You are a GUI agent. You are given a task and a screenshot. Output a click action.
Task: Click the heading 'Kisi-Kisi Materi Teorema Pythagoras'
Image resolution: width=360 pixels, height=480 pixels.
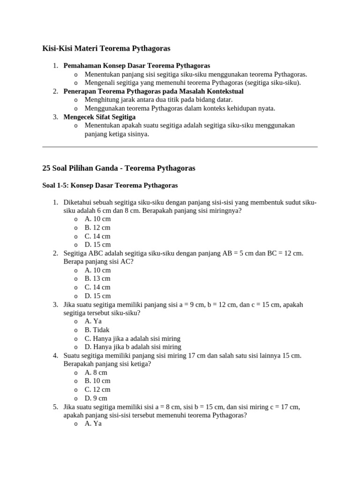106,48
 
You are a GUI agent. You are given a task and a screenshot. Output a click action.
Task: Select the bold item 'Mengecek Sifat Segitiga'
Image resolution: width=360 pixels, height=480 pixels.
99,117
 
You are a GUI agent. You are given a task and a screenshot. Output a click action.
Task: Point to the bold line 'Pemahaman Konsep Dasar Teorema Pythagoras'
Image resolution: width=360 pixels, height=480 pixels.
136,66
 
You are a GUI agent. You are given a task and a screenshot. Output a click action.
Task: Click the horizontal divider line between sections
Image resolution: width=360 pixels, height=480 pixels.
180,147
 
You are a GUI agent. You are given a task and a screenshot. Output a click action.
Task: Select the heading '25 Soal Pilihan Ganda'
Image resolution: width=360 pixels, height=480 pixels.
119,168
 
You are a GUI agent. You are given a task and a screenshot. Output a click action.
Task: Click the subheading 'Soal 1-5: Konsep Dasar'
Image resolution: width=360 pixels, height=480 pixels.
110,186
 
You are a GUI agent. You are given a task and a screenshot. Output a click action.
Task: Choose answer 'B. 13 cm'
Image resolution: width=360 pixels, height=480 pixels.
97,278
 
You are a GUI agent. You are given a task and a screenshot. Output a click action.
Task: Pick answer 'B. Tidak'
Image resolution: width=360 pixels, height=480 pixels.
97,330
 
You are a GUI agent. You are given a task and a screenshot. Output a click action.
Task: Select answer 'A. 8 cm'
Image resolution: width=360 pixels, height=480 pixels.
96,372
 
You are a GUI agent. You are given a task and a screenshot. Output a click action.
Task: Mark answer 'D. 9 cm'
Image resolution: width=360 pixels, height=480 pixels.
96,398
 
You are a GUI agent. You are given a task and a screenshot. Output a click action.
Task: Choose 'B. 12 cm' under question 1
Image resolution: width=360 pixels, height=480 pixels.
97,227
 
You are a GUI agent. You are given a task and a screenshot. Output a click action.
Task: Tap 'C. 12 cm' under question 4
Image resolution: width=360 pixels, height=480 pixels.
97,390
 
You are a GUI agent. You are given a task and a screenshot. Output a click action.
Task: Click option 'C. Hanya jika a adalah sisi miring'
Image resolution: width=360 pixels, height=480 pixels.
132,338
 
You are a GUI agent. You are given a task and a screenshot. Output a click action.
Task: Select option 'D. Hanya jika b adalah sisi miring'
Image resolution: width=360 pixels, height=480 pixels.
133,347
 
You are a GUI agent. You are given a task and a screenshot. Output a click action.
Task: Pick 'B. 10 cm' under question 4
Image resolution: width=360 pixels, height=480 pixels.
97,381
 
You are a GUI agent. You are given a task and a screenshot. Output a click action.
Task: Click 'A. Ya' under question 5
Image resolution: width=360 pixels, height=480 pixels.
93,423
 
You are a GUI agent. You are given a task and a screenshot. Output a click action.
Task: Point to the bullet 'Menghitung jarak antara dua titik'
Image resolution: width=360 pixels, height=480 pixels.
158,99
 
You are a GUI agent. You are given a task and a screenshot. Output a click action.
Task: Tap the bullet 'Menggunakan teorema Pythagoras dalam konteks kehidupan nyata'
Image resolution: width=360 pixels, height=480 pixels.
180,108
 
